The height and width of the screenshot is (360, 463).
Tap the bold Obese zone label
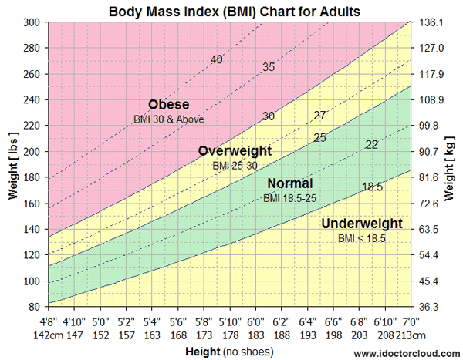point(169,105)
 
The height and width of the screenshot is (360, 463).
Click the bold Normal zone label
point(289,183)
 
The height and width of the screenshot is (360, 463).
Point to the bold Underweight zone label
point(362,224)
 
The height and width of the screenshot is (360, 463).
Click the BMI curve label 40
point(217,60)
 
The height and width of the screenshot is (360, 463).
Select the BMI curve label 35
point(269,67)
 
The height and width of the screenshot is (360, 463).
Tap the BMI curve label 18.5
point(372,187)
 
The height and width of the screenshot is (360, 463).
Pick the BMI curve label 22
point(372,144)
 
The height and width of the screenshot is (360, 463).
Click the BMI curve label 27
point(319,116)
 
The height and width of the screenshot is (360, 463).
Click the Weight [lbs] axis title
point(11,164)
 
